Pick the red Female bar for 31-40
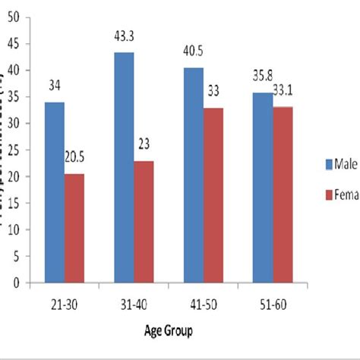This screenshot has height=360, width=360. [144, 221]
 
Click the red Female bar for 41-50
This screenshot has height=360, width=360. [213, 195]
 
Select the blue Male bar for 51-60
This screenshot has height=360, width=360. [263, 188]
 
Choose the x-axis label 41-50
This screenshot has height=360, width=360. [203, 301]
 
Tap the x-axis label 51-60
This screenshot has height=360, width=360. [273, 301]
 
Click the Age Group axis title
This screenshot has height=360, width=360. [168, 330]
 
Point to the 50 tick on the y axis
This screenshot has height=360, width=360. [13, 17]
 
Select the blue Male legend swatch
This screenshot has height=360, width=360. [320, 164]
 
